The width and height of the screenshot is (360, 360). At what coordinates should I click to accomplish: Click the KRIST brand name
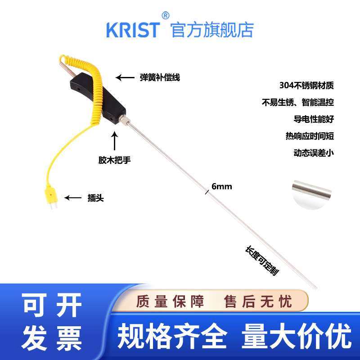133,29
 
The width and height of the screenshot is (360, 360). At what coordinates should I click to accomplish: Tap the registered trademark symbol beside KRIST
165,16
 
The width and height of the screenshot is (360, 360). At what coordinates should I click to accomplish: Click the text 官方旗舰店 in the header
212,29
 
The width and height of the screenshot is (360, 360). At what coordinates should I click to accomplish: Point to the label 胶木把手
115,160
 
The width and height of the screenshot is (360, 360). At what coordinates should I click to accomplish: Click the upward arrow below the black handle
115,141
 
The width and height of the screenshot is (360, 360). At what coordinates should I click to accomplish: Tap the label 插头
95,198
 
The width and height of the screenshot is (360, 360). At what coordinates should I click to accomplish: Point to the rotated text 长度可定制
260,261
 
